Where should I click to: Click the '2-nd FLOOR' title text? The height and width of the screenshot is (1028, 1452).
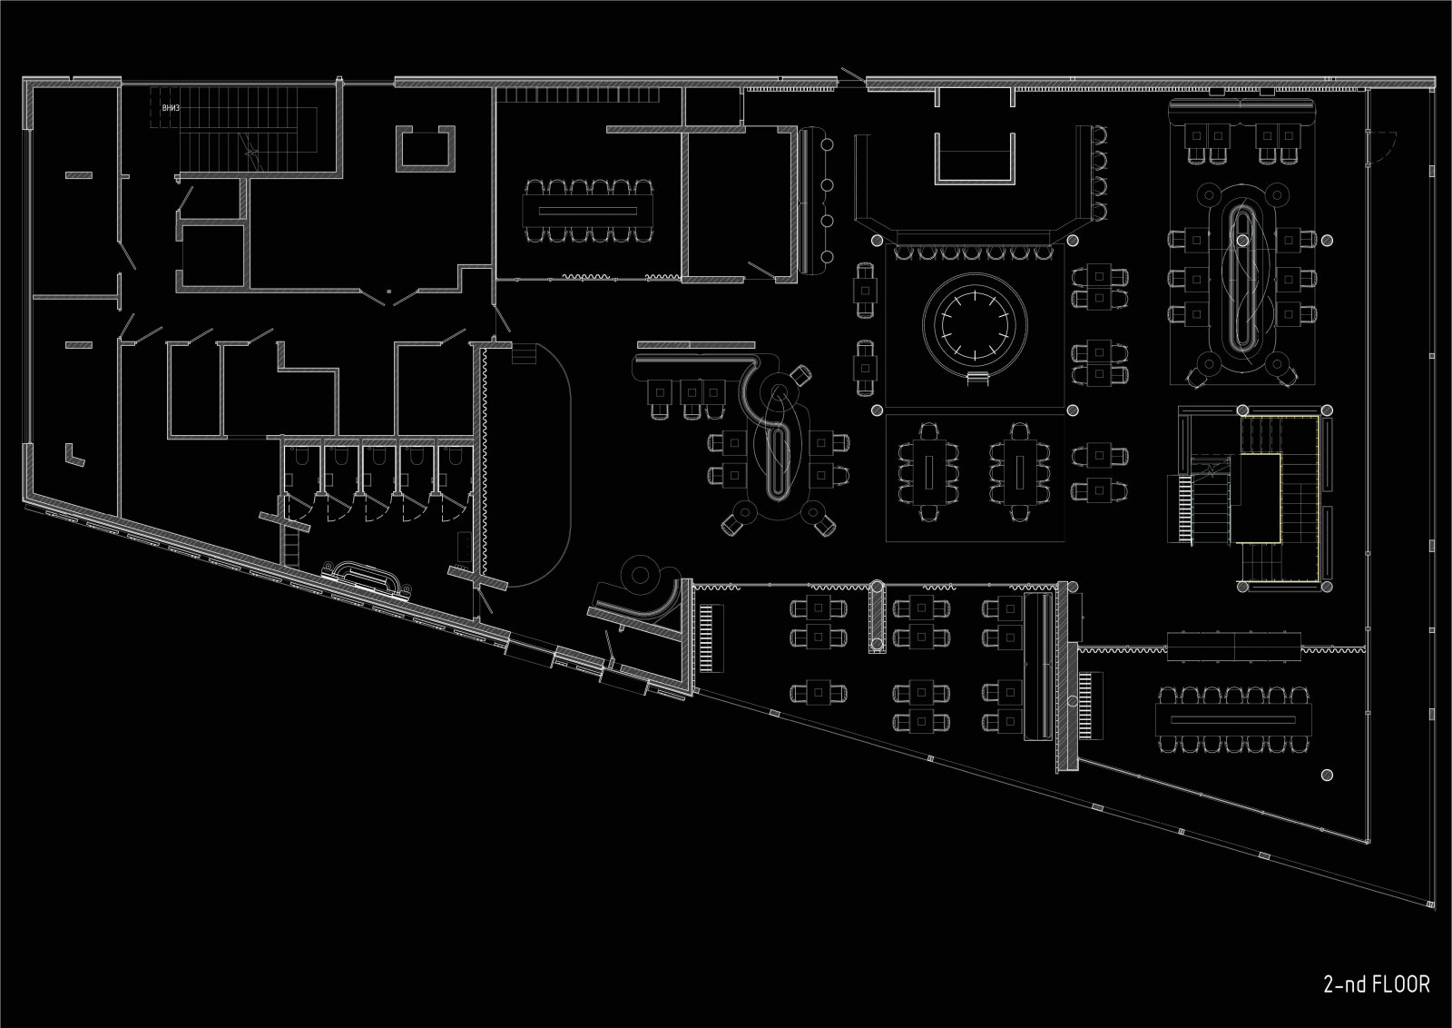point(1376,984)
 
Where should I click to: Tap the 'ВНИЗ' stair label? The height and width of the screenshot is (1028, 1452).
point(171,107)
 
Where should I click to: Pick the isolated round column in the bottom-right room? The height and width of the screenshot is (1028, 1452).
point(1327,775)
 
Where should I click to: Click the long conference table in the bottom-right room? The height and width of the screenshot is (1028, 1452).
point(1233,719)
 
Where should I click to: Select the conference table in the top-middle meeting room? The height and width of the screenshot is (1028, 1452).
point(588,211)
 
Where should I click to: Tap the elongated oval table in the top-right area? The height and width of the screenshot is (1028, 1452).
point(1241,282)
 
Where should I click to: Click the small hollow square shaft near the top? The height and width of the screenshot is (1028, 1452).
point(425,148)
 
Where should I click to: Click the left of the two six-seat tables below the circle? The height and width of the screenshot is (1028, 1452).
point(929,470)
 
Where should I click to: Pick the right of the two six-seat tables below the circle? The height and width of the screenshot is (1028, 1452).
point(1020,470)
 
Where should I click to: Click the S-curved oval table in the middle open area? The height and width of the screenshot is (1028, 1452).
point(779,445)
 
